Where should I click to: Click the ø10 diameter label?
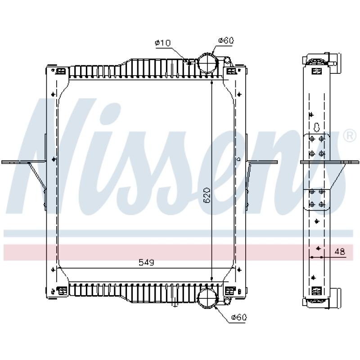pyautogui.click(x=163, y=43)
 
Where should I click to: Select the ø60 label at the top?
pyautogui.click(x=226, y=40)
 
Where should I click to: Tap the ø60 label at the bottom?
pyautogui.click(x=239, y=317)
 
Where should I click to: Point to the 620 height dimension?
pyautogui.click(x=207, y=195)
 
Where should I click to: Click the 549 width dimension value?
pyautogui.click(x=147, y=262)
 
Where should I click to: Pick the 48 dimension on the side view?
pyautogui.click(x=340, y=252)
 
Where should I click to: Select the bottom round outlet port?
pyautogui.click(x=207, y=298)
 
